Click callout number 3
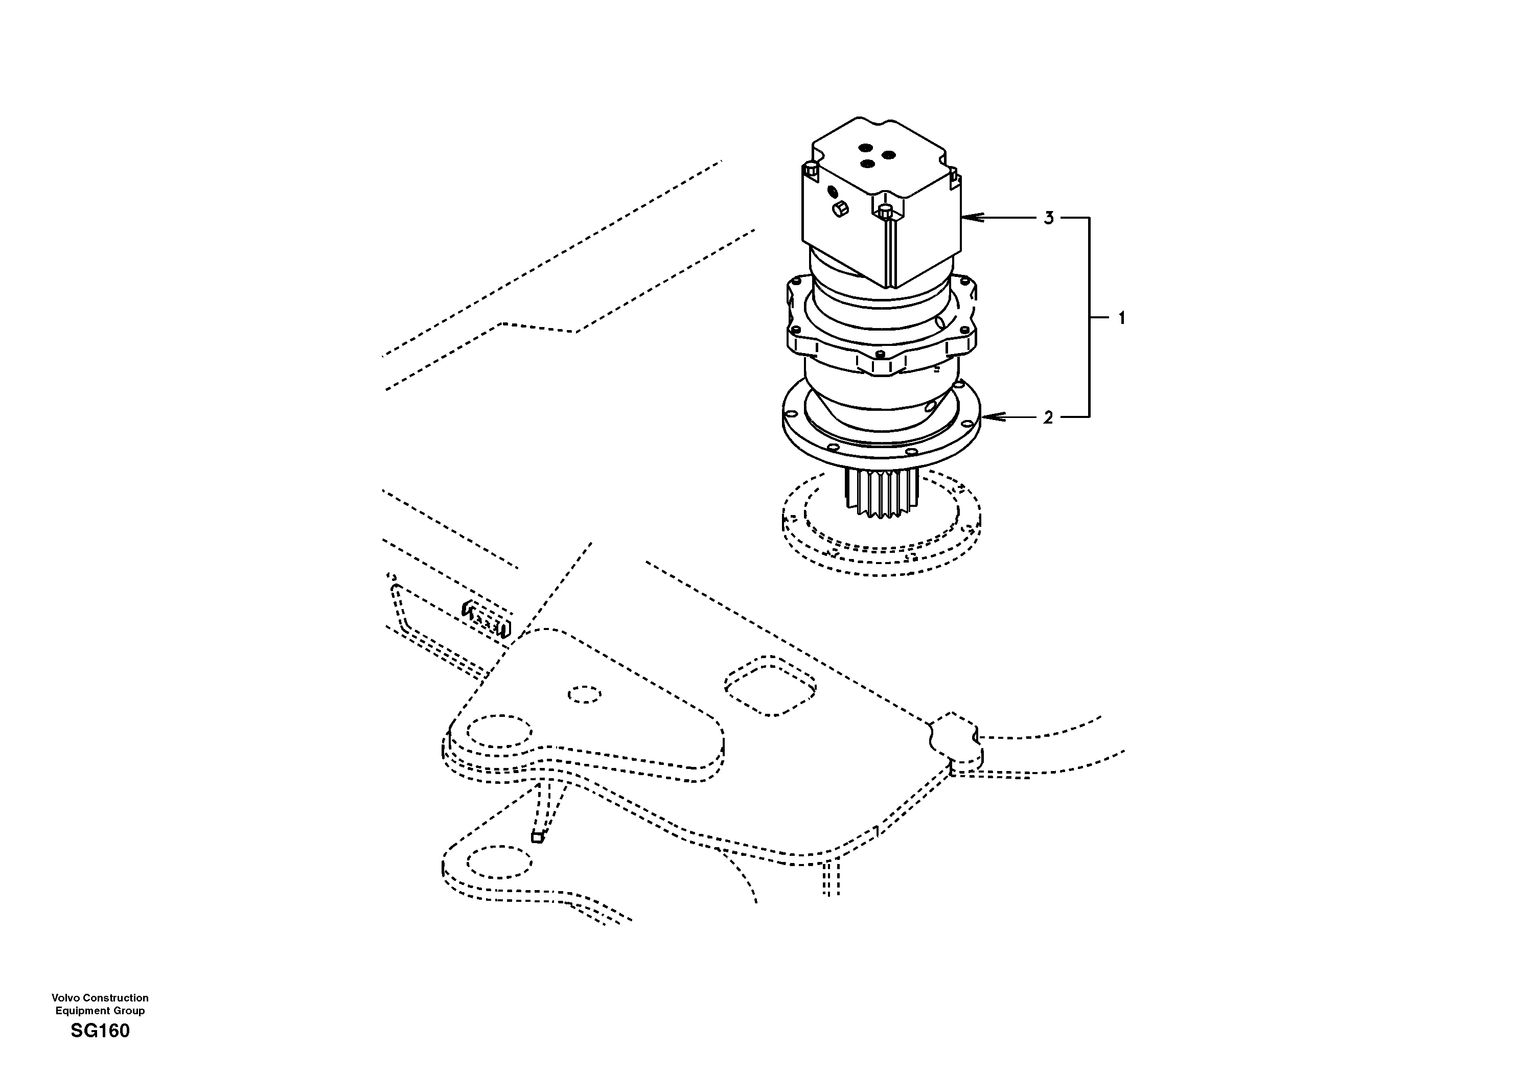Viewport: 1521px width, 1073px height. pos(1048,218)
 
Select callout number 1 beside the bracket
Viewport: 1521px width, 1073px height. pos(1121,319)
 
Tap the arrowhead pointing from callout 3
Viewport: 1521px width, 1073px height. pos(969,217)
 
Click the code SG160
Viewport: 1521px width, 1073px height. pos(100,1031)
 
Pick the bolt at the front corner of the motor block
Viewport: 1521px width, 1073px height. pos(885,212)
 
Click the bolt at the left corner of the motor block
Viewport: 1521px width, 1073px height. pos(810,169)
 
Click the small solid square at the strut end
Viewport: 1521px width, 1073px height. pos(537,838)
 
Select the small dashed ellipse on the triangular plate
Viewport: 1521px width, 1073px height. pos(585,695)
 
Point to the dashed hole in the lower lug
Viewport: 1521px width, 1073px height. pos(499,862)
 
